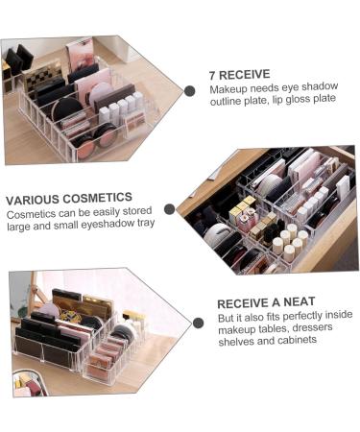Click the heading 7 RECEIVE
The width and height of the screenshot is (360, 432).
pos(240,73)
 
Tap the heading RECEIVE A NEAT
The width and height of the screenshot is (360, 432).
pos(264,302)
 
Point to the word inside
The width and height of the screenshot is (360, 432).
pos(333,316)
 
